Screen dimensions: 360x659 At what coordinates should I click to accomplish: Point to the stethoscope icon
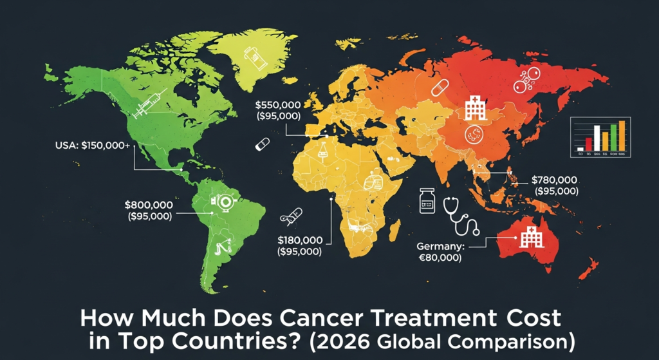point(463,215)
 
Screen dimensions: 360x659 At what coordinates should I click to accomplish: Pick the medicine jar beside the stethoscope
point(426,202)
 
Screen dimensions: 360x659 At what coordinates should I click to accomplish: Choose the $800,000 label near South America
point(149,205)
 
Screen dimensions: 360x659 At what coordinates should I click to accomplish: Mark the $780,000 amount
point(555,179)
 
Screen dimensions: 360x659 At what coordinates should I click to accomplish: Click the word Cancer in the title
point(317,318)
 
